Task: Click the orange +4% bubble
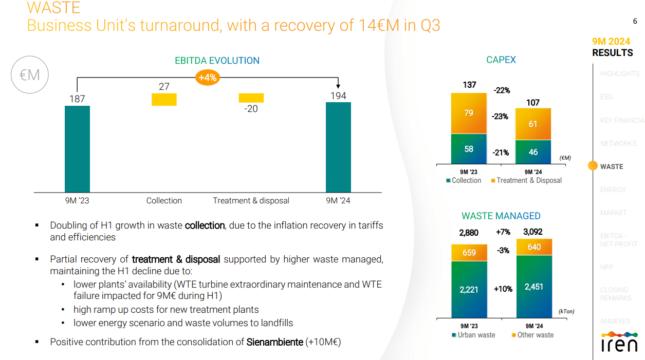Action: [x=208, y=78]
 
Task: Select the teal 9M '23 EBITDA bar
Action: [x=77, y=149]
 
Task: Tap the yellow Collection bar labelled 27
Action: [x=164, y=99]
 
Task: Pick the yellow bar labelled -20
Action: [x=251, y=98]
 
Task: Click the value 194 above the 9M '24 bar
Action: [x=338, y=96]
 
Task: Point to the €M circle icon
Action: [x=29, y=75]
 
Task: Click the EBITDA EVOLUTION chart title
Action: [x=217, y=61]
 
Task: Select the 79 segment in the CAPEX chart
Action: [x=469, y=113]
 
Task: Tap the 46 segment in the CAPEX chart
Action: [x=533, y=152]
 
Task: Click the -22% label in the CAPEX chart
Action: [x=502, y=90]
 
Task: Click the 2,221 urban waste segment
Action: [x=469, y=290]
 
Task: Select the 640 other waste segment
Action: [x=534, y=247]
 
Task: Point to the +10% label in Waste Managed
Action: [x=503, y=289]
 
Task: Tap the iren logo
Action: [x=619, y=343]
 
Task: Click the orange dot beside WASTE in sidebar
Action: [x=593, y=166]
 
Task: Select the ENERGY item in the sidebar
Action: [x=613, y=190]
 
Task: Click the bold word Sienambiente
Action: [x=274, y=342]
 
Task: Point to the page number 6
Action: [x=635, y=21]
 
